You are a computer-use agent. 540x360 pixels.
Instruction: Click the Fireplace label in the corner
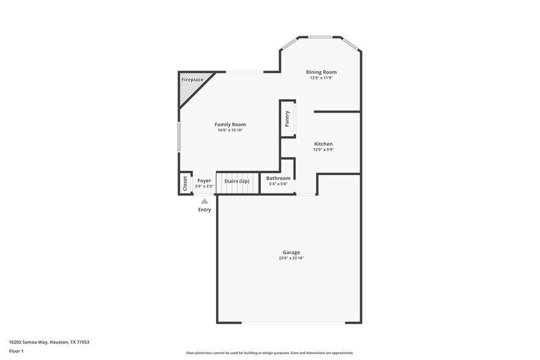point(192,80)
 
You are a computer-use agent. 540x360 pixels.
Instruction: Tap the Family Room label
point(230,124)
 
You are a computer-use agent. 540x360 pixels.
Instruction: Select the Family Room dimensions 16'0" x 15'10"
point(230,130)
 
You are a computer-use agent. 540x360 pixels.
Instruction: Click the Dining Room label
point(321,72)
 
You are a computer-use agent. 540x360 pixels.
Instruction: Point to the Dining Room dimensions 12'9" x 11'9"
point(321,78)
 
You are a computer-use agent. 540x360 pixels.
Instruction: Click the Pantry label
point(287,118)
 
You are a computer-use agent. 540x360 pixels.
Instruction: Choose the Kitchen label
point(323,144)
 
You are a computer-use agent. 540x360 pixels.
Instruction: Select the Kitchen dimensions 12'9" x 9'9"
point(323,149)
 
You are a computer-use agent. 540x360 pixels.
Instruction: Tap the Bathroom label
point(278,178)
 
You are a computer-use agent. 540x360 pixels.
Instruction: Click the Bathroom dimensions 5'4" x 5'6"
point(278,184)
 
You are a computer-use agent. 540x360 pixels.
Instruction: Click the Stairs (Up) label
point(236,181)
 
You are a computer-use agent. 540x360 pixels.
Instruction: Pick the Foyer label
point(204,181)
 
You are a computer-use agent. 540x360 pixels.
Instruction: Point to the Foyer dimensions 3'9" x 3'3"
point(204,186)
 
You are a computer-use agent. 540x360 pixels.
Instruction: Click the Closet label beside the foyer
point(185,184)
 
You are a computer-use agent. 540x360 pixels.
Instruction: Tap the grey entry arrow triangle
point(204,201)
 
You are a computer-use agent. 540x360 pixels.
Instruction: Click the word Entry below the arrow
point(204,210)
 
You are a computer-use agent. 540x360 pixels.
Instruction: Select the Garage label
point(291,252)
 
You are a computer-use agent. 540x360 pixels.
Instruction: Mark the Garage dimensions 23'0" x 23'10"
point(291,258)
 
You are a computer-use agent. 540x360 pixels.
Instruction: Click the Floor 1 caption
point(16,351)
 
